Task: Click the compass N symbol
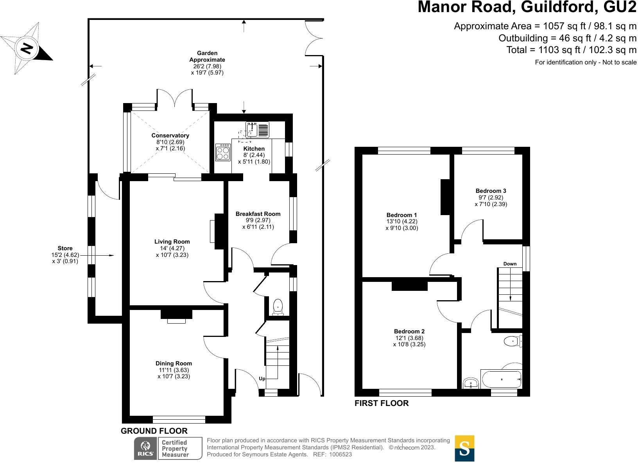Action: pyautogui.click(x=27, y=48)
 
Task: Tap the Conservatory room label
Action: pyautogui.click(x=170, y=135)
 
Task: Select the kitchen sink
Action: pyautogui.click(x=252, y=129)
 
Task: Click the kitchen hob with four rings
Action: pyautogui.click(x=223, y=153)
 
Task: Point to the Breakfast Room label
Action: pyautogui.click(x=258, y=214)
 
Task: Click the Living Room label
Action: pyautogui.click(x=172, y=242)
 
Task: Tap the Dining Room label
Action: pyautogui.click(x=174, y=363)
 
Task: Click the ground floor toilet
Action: pyautogui.click(x=278, y=306)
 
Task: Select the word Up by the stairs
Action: pyautogui.click(x=262, y=379)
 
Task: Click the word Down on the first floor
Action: pyautogui.click(x=510, y=264)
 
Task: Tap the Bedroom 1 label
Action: pyautogui.click(x=401, y=215)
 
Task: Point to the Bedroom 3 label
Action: pyautogui.click(x=491, y=191)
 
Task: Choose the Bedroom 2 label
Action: pyautogui.click(x=409, y=331)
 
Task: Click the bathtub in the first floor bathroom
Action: pyautogui.click(x=502, y=379)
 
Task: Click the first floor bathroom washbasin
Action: pyautogui.click(x=471, y=383)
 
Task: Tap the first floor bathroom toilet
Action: pyautogui.click(x=513, y=342)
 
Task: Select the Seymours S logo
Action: pyautogui.click(x=464, y=448)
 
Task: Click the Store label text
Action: pyautogui.click(x=65, y=248)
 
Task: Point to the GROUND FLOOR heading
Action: pyautogui.click(x=154, y=431)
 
